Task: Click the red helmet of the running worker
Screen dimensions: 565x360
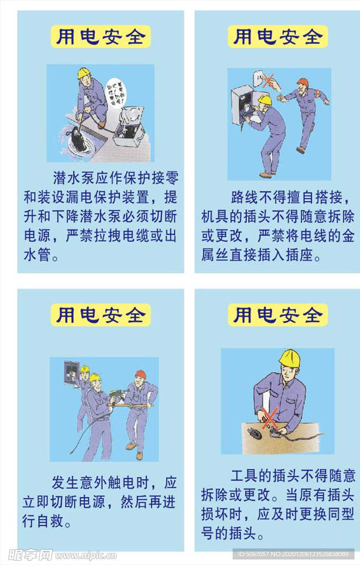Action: (302, 83)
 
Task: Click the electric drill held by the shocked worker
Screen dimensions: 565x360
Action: (117, 396)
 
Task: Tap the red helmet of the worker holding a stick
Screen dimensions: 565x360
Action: (141, 374)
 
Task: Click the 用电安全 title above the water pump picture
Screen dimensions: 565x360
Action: (100, 36)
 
